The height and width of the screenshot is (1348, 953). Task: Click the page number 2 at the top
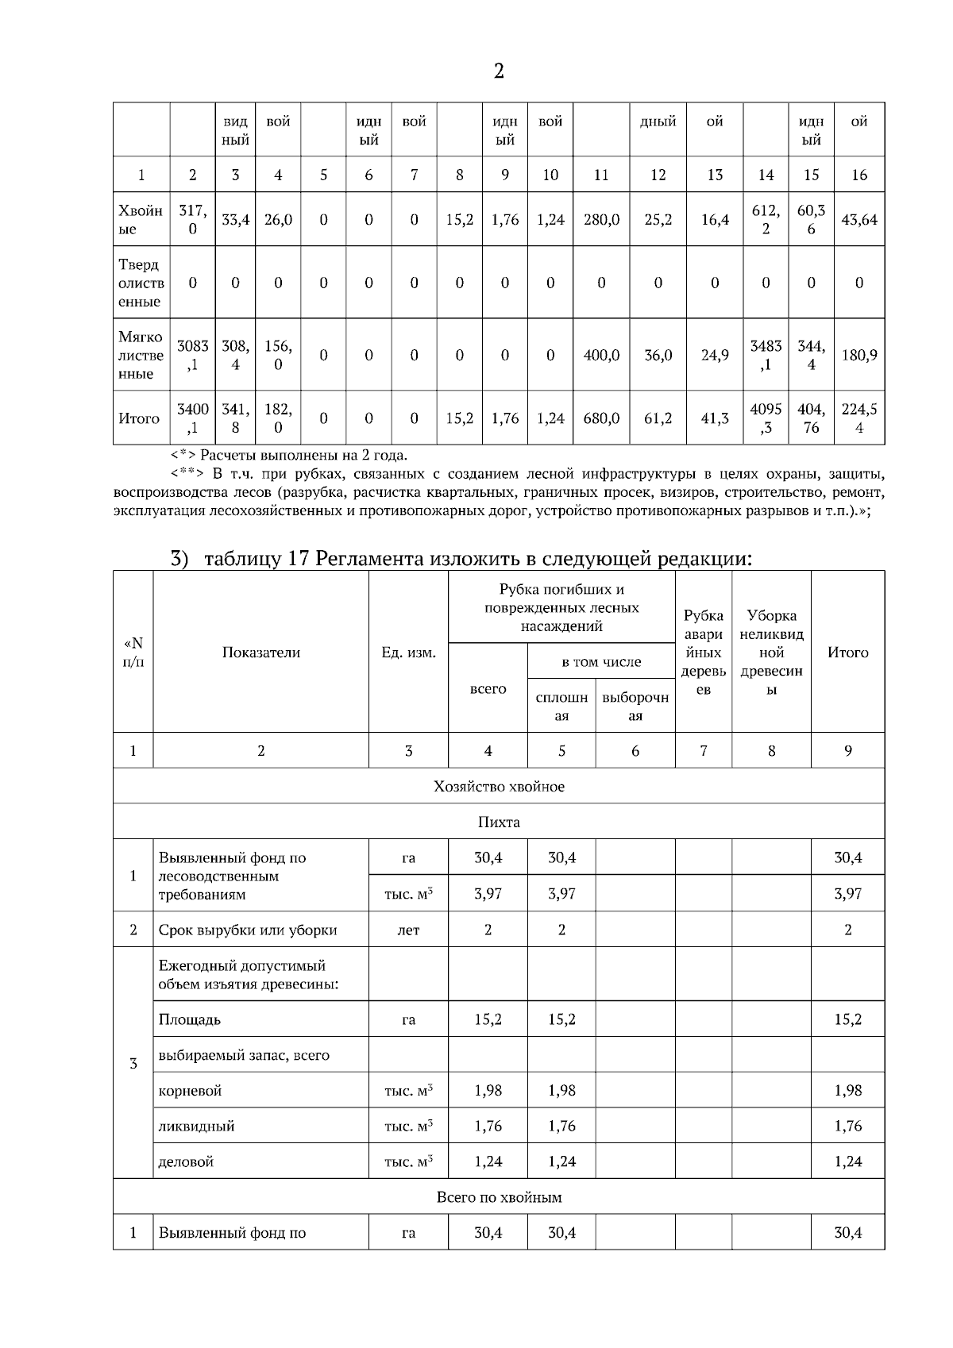point(499,71)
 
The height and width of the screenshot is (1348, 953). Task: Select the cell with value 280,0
point(601,220)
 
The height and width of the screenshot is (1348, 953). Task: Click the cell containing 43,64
point(858,220)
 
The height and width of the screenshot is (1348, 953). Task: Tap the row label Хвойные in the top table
point(141,220)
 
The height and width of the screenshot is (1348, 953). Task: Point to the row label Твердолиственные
point(141,283)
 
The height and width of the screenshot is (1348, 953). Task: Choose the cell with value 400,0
point(601,355)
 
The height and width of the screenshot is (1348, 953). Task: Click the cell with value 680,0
point(601,418)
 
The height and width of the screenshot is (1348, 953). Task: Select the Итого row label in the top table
point(139,418)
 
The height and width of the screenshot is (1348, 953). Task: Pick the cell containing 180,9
point(858,355)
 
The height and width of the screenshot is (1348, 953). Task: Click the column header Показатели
point(260,653)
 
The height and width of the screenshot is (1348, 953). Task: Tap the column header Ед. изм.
point(408,653)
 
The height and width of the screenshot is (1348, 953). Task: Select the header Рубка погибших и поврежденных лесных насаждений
point(561,607)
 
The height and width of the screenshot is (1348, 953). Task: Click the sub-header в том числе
point(601,661)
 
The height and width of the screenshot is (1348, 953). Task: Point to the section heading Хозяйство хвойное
point(499,787)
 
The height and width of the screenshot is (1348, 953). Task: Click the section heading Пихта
point(499,822)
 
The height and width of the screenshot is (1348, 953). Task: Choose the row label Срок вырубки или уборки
point(248,930)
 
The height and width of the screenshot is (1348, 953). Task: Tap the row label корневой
point(190,1091)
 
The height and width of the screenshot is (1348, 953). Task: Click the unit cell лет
point(408,930)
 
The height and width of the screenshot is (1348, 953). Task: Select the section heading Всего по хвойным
point(499,1197)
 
